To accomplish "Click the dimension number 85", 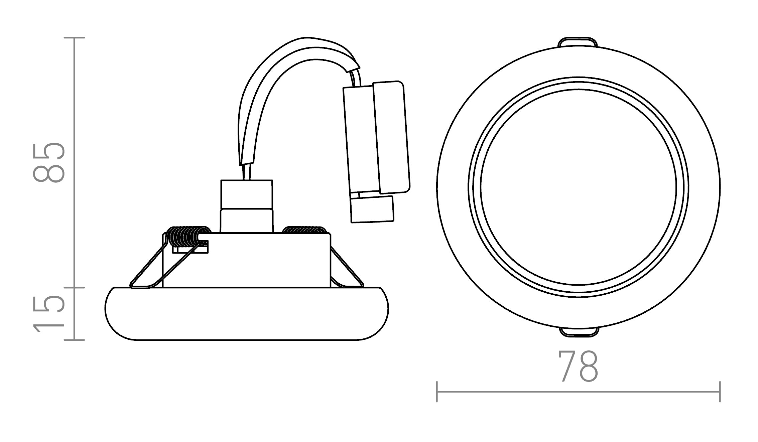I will (x=49, y=163).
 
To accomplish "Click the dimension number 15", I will (x=49, y=314).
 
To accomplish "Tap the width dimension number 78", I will (x=578, y=366).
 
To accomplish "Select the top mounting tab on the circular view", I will (x=578, y=42).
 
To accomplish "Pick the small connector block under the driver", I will (x=372, y=209).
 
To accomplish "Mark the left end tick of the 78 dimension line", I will (x=437, y=392).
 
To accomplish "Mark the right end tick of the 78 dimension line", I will (x=720, y=392).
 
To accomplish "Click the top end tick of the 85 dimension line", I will (x=74, y=38).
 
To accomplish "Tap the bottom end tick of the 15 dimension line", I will (x=74, y=340).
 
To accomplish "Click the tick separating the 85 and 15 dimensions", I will (x=74, y=287).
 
